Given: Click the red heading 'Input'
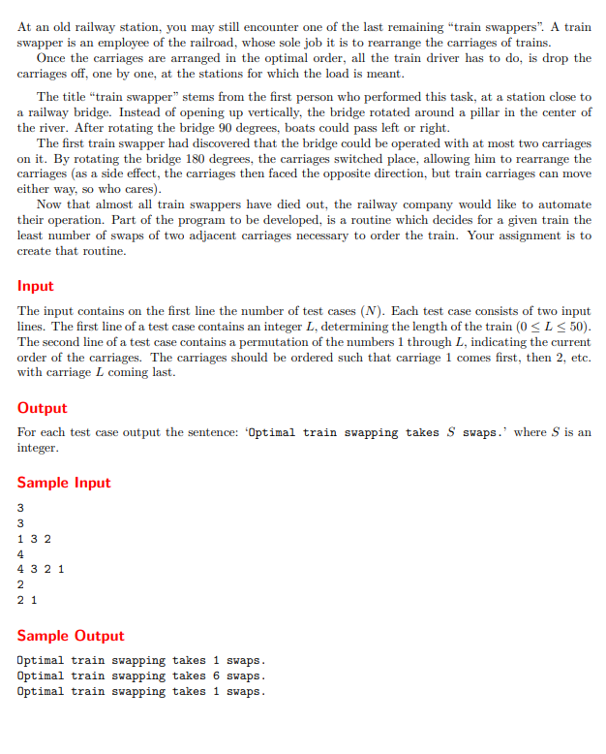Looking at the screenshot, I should [36, 286].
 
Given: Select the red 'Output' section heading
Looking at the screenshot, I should [43, 408].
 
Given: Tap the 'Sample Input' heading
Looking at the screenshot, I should [64, 483].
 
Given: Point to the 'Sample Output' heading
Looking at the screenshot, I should [71, 636].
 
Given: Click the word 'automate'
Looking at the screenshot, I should [561, 204].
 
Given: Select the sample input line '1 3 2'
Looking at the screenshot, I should [34, 539].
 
